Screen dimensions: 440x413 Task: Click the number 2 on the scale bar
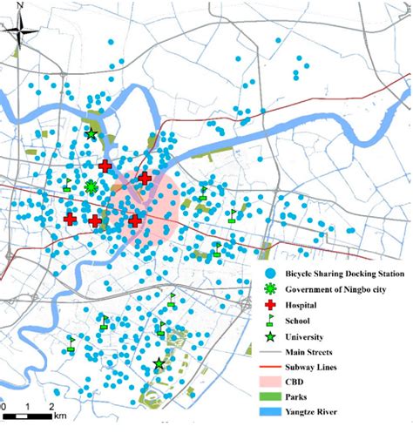[51, 407]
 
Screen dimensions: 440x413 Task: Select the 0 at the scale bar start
[4, 407]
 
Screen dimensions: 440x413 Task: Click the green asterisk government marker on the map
[91, 186]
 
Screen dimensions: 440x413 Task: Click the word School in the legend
[299, 321]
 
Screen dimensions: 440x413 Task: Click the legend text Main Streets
[309, 352]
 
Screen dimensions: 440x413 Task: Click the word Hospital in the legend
[302, 305]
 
